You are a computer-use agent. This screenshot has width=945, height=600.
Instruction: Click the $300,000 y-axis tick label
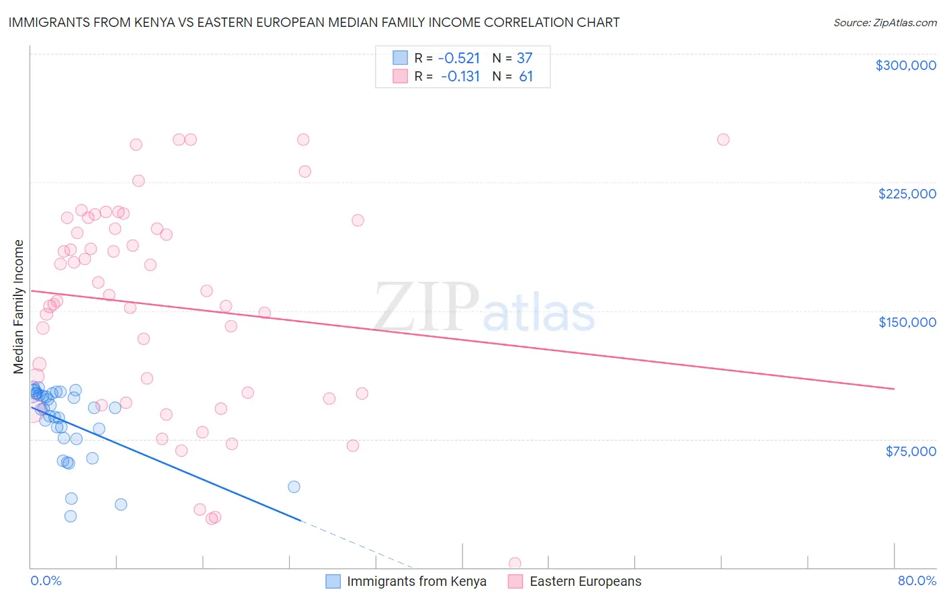tap(905, 65)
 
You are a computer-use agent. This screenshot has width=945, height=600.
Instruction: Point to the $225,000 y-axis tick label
tap(907, 194)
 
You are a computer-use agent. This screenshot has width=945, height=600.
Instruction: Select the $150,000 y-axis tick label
tap(907, 322)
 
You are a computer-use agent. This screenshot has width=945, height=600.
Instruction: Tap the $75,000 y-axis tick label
tap(910, 451)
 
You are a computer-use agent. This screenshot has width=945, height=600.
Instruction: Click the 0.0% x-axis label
tap(46, 580)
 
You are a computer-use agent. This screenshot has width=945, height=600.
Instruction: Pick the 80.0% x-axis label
tap(917, 580)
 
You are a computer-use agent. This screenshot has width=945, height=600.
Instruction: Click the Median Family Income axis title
tap(19, 307)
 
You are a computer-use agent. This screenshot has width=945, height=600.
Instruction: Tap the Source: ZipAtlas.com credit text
tap(885, 22)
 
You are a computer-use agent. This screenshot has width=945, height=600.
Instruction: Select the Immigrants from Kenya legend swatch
tap(333, 581)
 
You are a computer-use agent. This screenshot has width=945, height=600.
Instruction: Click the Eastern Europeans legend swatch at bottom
tap(516, 581)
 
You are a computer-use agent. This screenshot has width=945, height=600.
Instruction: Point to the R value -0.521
tap(458, 58)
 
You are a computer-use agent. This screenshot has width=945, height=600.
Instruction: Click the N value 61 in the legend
tap(526, 77)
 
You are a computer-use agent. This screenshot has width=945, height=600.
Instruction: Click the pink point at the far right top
tap(723, 140)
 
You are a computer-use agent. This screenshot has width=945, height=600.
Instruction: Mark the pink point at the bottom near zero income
tap(515, 563)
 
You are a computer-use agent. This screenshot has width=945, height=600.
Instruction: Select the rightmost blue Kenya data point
tap(294, 487)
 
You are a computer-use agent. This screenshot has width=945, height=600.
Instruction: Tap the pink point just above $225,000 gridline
tap(304, 172)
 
